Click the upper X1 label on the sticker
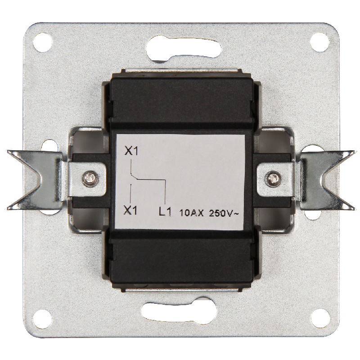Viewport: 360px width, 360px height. pos(131,151)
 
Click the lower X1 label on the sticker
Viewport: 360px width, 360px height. pos(130,210)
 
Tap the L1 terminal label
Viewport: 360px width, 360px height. pos(165,212)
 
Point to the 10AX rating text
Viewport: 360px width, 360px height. pos(191,213)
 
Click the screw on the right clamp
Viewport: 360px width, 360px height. pos(273,177)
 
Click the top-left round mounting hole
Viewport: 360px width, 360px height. pos(42,42)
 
